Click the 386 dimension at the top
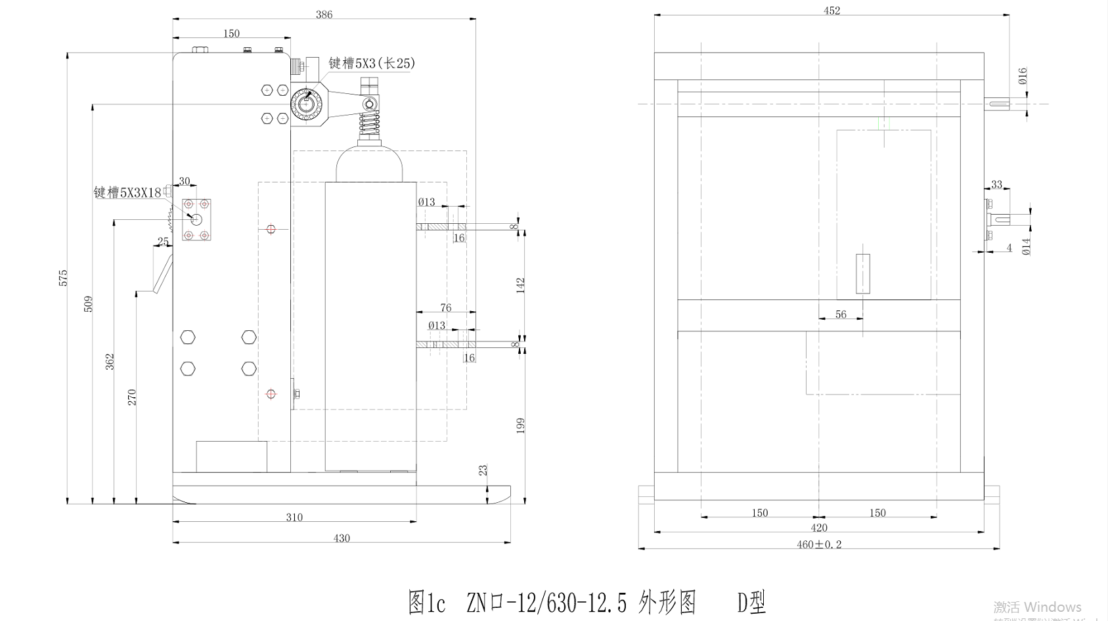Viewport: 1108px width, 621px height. click(x=324, y=14)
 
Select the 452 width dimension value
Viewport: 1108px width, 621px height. click(x=831, y=11)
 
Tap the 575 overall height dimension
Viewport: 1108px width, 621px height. click(x=64, y=277)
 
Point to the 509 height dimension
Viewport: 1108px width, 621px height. click(x=89, y=304)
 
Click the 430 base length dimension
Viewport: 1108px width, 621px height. click(x=342, y=538)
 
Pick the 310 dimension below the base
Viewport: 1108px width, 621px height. click(x=294, y=517)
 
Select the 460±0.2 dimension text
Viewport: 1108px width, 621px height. click(x=819, y=544)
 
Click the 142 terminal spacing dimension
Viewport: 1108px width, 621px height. click(x=521, y=286)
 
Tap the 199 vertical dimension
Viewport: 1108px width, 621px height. click(x=521, y=425)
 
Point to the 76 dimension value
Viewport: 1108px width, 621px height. click(x=446, y=308)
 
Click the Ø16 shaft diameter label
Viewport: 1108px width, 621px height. click(x=1023, y=76)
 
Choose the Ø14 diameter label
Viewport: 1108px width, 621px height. click(x=1027, y=246)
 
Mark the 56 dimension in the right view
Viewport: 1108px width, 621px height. click(x=841, y=314)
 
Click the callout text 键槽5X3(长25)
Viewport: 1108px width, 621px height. click(x=372, y=63)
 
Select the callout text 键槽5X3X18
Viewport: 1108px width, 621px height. click(x=127, y=192)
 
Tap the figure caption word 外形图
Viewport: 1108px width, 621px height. click(x=667, y=601)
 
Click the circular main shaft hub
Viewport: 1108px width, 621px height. click(x=307, y=103)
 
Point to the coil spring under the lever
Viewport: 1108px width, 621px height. click(x=370, y=124)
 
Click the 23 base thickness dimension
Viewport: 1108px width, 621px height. click(x=483, y=471)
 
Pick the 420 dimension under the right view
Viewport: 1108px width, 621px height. click(x=819, y=528)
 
